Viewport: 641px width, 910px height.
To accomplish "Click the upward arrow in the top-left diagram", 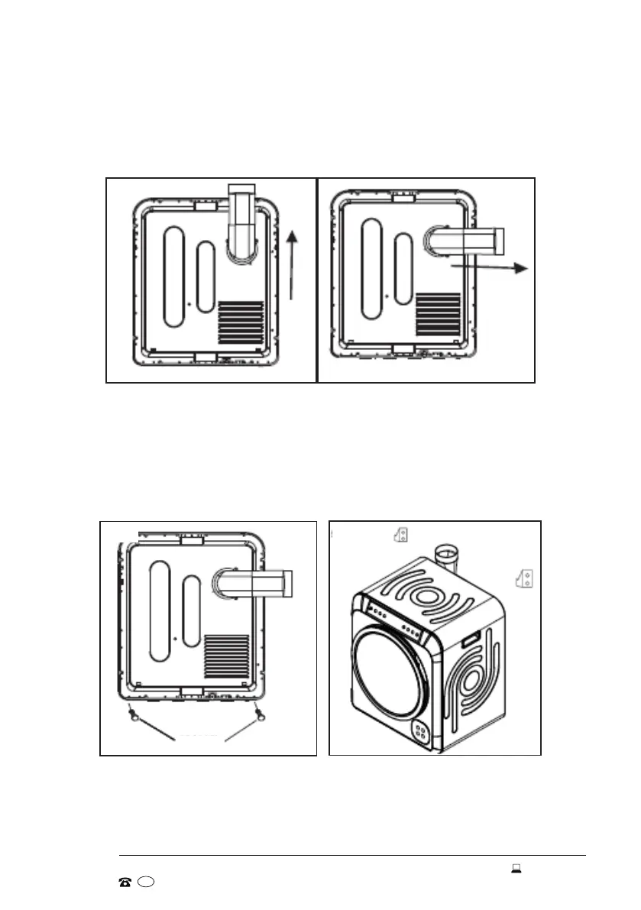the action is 291,267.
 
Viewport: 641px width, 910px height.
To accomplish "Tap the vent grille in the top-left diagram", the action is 241,325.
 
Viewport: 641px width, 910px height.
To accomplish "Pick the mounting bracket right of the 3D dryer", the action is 526,579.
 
